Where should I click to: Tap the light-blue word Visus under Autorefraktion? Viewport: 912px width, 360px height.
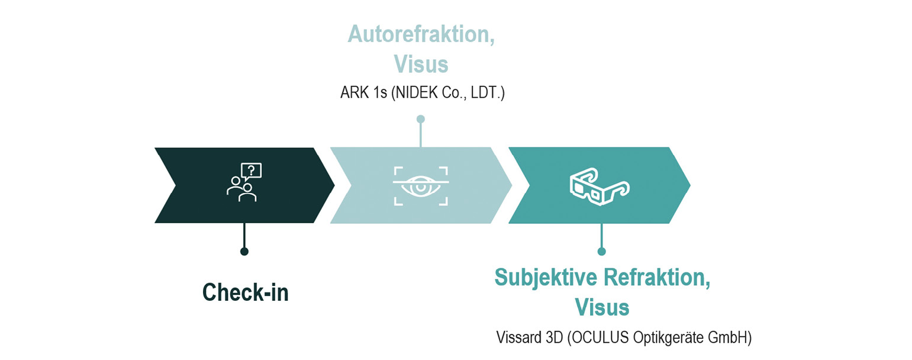pyautogui.click(x=421, y=65)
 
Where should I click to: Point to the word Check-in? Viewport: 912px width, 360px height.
pyautogui.click(x=246, y=292)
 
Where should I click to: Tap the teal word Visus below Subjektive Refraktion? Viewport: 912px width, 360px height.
pyautogui.click(x=602, y=307)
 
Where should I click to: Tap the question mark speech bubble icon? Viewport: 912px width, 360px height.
pyautogui.click(x=251, y=171)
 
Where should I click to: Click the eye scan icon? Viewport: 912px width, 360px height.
pyautogui.click(x=421, y=186)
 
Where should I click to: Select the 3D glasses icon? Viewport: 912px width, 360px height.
pyautogui.click(x=600, y=187)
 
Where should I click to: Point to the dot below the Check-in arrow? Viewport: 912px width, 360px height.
pyautogui.click(x=244, y=251)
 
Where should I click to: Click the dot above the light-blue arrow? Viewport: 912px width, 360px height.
pyautogui.click(x=421, y=119)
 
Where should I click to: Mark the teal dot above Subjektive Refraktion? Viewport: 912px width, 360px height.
pyautogui.click(x=601, y=251)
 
